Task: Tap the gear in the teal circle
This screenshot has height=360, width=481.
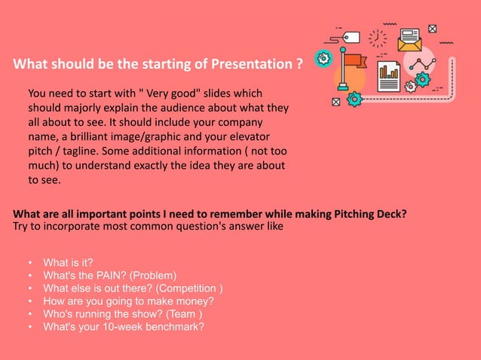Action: click(x=323, y=58)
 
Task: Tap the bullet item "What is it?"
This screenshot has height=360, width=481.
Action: click(x=68, y=262)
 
